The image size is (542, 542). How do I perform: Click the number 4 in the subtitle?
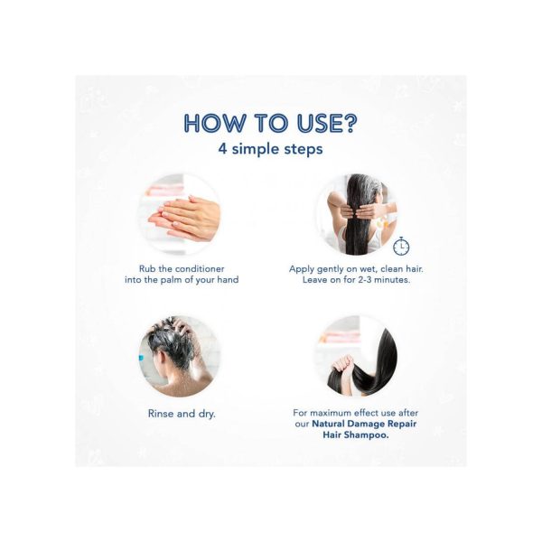(x=222, y=149)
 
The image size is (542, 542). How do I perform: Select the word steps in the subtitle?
(x=304, y=150)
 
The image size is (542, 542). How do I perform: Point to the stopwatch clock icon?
(x=401, y=246)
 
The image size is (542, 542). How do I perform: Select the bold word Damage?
(x=366, y=425)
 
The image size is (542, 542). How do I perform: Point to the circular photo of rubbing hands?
(x=179, y=214)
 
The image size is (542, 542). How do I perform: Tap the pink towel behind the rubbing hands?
(x=164, y=190)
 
